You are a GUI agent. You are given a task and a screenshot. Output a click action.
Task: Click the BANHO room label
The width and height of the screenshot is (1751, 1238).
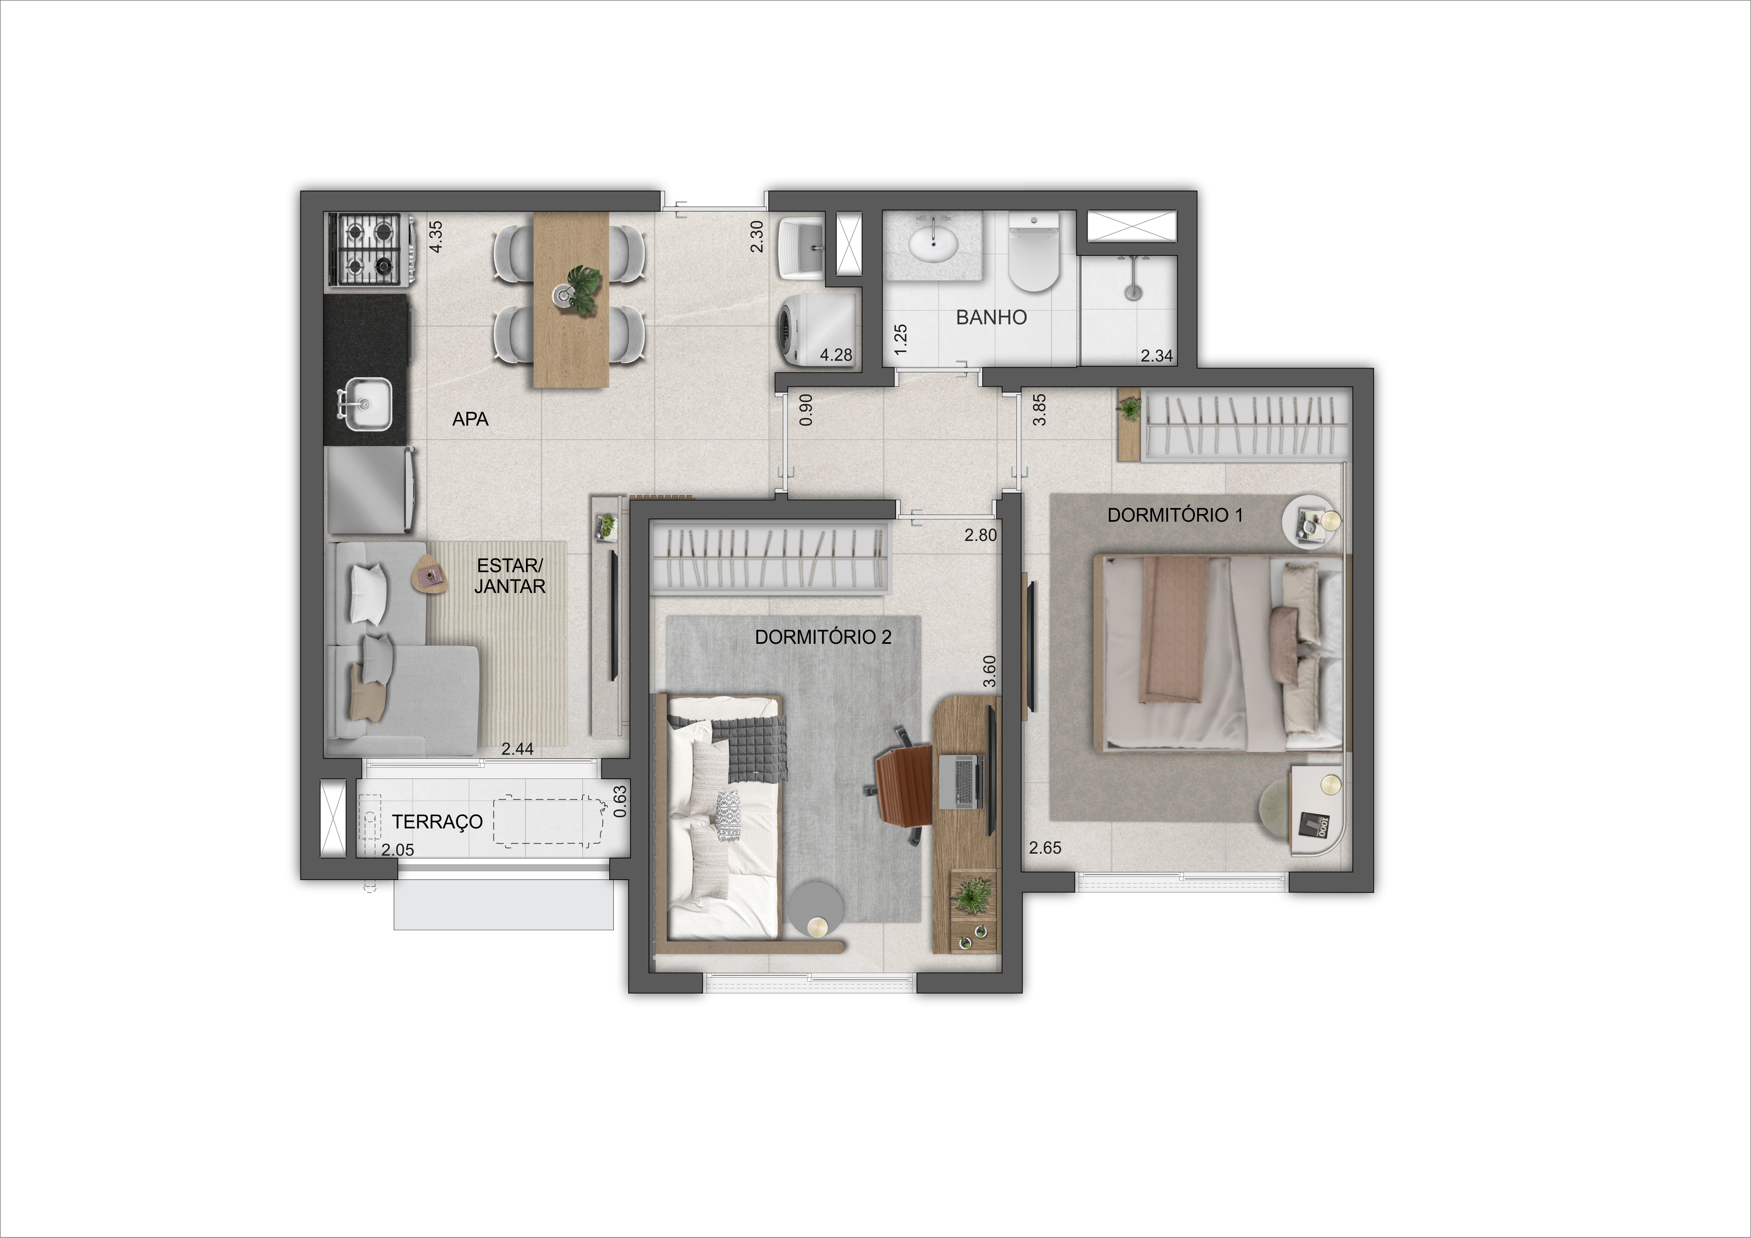click(x=991, y=317)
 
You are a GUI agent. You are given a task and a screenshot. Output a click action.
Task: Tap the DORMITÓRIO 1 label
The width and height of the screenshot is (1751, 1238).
click(x=1175, y=515)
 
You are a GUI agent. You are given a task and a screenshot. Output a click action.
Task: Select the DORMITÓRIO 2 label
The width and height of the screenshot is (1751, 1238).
click(x=823, y=637)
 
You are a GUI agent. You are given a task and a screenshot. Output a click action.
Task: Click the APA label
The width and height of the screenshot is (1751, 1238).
click(x=471, y=419)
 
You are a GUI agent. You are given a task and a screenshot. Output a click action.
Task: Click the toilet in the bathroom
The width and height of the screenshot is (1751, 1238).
click(x=1034, y=252)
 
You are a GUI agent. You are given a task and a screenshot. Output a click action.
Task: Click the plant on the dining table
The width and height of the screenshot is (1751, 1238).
click(x=583, y=289)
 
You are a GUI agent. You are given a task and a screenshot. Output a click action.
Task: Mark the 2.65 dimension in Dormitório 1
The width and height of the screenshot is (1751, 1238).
click(x=1045, y=848)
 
